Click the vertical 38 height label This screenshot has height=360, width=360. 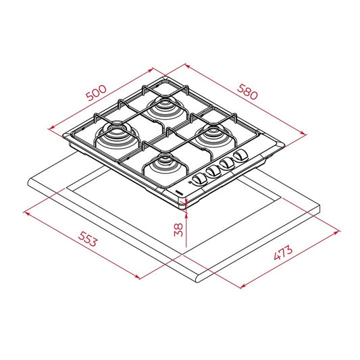pyautogui.click(x=178, y=229)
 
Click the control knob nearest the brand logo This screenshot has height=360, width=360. pyautogui.click(x=199, y=178)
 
